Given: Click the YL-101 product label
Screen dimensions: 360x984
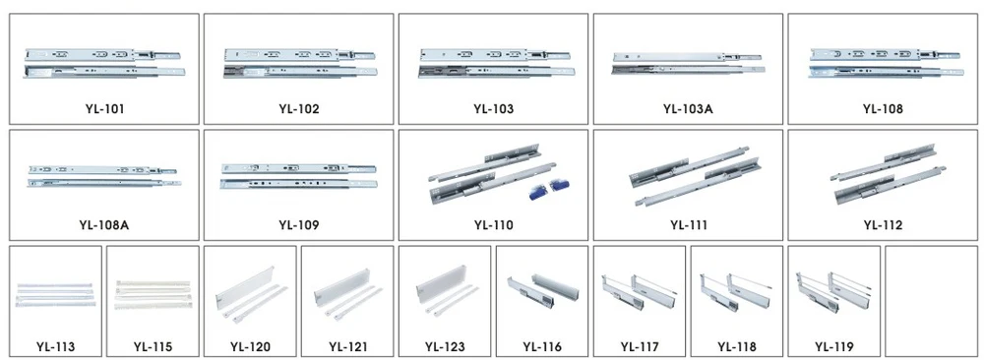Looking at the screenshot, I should (x=103, y=108).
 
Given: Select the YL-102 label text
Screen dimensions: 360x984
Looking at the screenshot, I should (x=298, y=108).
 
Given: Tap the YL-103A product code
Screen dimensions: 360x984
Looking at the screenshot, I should (x=688, y=108).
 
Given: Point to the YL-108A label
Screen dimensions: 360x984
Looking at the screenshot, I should (x=103, y=224).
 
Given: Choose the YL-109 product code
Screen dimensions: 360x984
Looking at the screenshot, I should (x=298, y=224).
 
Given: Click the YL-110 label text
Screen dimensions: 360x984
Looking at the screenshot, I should (x=493, y=224).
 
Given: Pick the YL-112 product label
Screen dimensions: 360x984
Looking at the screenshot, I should (x=883, y=224).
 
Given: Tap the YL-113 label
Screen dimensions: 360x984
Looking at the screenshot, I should (x=55, y=346).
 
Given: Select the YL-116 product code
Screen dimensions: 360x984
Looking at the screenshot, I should (x=542, y=346).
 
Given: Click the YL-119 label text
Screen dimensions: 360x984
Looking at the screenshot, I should (x=834, y=346).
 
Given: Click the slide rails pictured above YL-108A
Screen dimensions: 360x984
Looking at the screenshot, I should (x=103, y=175).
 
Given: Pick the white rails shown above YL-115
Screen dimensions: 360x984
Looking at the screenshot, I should (x=153, y=292).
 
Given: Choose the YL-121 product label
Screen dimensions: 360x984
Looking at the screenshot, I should (x=347, y=346).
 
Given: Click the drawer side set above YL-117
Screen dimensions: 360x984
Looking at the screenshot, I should (x=639, y=291).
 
